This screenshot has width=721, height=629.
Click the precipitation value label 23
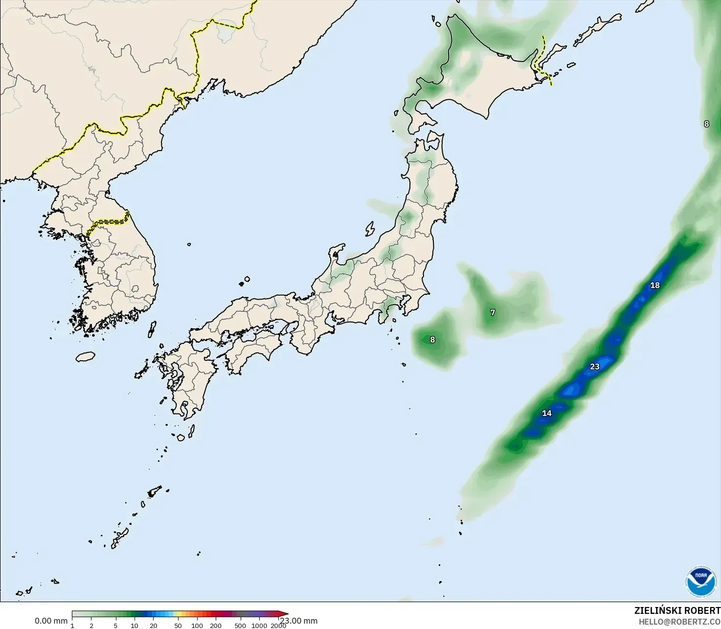pyautogui.click(x=594, y=367)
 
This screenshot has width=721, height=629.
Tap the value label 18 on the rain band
pyautogui.click(x=654, y=285)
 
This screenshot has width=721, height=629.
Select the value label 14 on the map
pyautogui.click(x=546, y=413)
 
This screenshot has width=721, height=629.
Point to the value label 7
pyautogui.click(x=493, y=312)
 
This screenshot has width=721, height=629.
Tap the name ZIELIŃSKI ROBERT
pyautogui.click(x=677, y=610)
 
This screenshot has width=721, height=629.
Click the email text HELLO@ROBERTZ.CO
pyautogui.click(x=679, y=621)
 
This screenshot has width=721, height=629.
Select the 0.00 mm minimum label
pyautogui.click(x=51, y=621)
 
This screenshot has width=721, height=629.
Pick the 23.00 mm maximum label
pyautogui.click(x=299, y=621)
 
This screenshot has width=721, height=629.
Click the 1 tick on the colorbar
pyautogui.click(x=72, y=626)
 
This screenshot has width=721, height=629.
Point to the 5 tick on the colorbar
pyautogui.click(x=115, y=626)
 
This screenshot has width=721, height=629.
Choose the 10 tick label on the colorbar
pyautogui.click(x=135, y=626)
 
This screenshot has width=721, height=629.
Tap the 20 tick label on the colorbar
pyautogui.click(x=154, y=626)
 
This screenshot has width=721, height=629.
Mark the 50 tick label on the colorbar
pyautogui.click(x=178, y=626)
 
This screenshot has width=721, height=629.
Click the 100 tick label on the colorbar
pyautogui.click(x=197, y=626)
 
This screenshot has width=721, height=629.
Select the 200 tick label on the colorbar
pyautogui.click(x=216, y=626)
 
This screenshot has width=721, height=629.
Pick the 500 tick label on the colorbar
pyautogui.click(x=240, y=626)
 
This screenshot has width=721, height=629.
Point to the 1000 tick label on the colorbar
pyautogui.click(x=259, y=626)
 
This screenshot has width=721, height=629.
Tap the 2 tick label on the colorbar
pyautogui.click(x=91, y=626)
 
